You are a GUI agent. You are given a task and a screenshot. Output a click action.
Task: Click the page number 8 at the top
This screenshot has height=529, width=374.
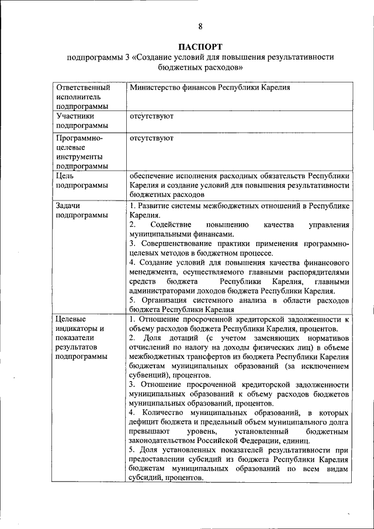click(200, 26)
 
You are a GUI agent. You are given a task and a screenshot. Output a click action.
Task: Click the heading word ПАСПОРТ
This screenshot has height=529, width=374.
click(200, 47)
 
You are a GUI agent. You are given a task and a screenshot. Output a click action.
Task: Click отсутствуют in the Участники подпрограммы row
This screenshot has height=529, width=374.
click(151, 116)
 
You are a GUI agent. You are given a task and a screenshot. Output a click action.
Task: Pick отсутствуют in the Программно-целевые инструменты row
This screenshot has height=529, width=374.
click(151, 139)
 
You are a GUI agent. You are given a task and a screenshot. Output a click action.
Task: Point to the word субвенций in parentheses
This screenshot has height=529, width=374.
click(149, 375)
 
